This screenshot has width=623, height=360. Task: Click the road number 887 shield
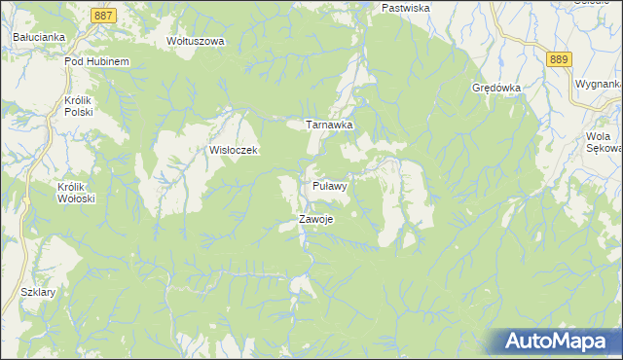pos(106,17)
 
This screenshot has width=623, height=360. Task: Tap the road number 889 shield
pos(558,60)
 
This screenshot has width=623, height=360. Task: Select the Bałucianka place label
pos(39,37)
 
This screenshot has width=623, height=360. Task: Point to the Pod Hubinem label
pos(96,61)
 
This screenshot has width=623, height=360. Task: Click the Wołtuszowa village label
pos(196,42)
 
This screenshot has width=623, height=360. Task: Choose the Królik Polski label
pos(77,106)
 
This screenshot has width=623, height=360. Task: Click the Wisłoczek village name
pos(233,151)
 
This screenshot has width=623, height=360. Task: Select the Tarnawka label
pos(329,126)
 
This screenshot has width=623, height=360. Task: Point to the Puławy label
pos(331,184)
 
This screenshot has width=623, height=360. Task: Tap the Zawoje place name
pos(317,219)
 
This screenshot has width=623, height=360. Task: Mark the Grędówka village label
pos(496,87)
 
